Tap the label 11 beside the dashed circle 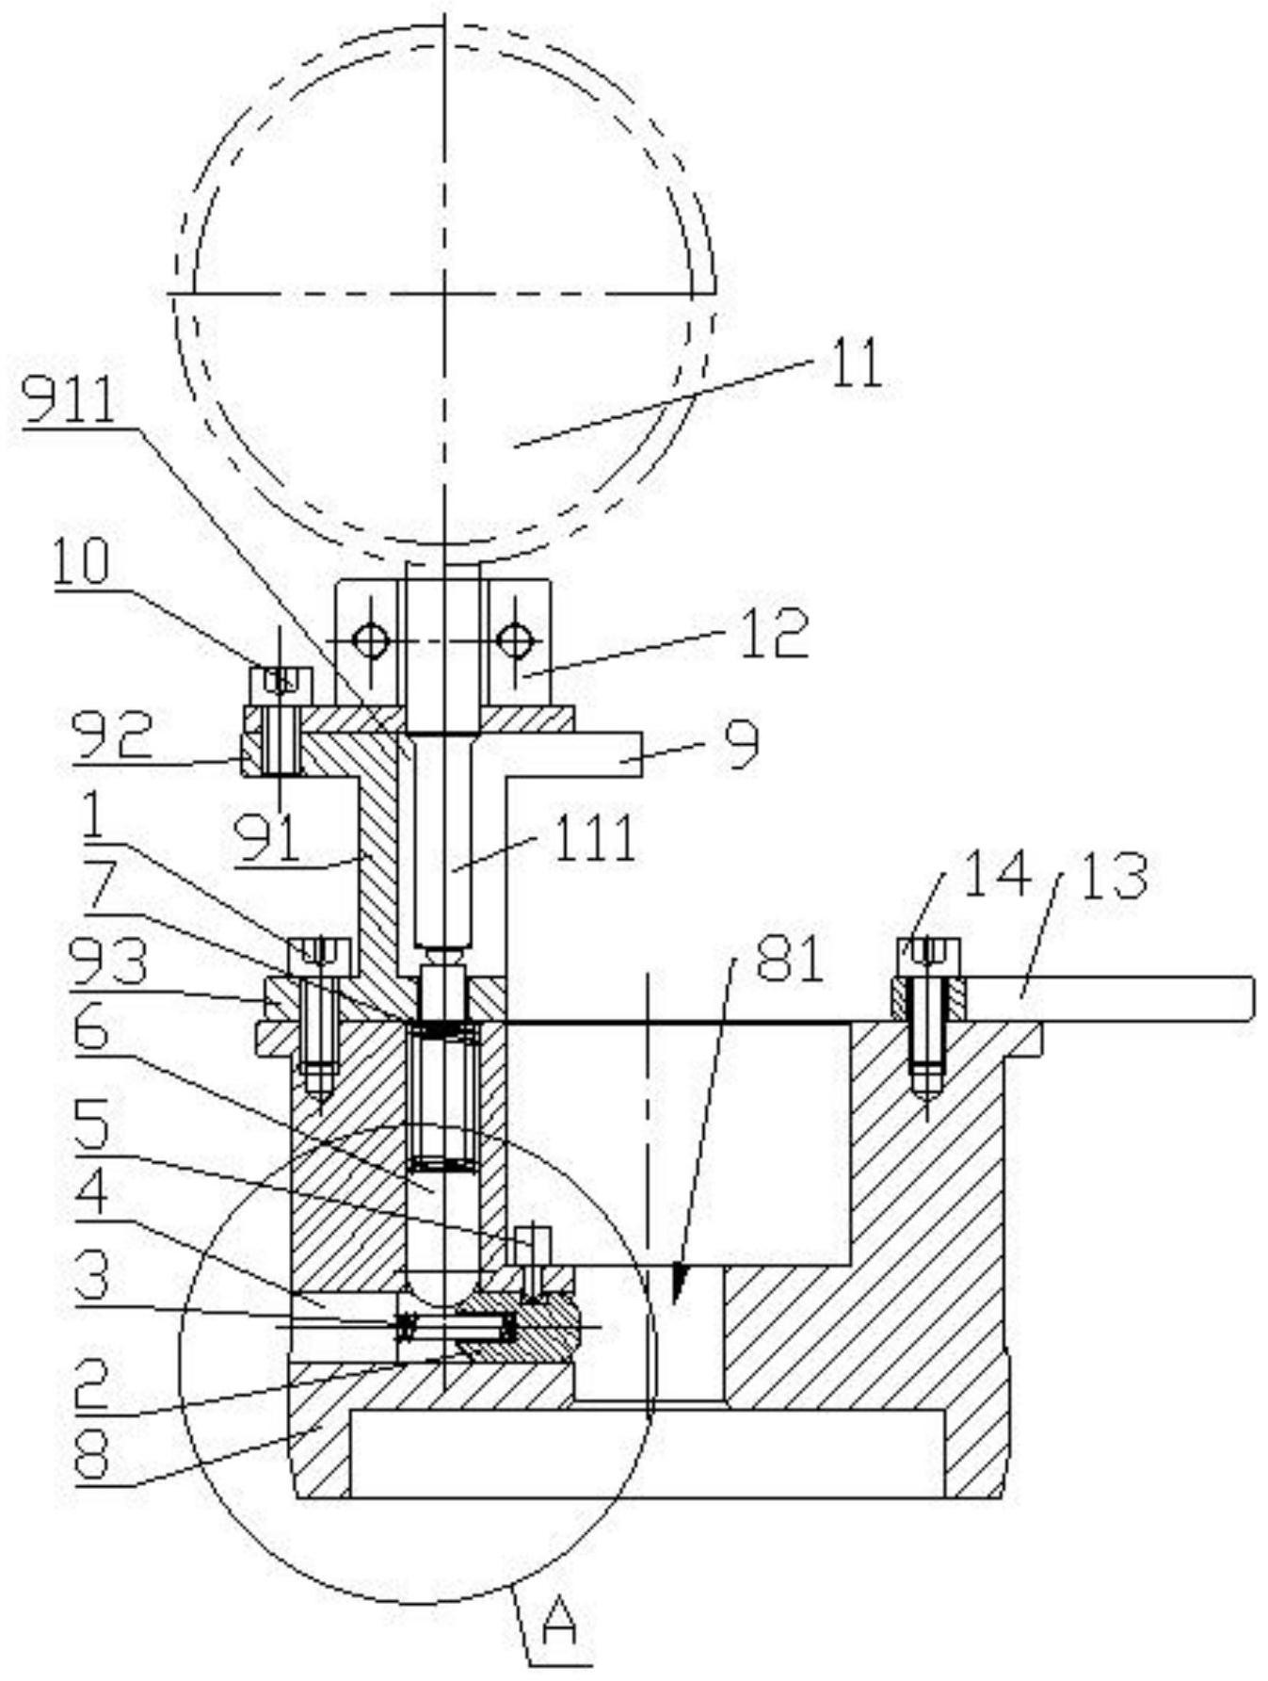pyautogui.click(x=855, y=364)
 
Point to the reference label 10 pyautogui.click(x=80, y=562)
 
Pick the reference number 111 pyautogui.click(x=594, y=838)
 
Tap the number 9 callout pyautogui.click(x=744, y=748)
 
